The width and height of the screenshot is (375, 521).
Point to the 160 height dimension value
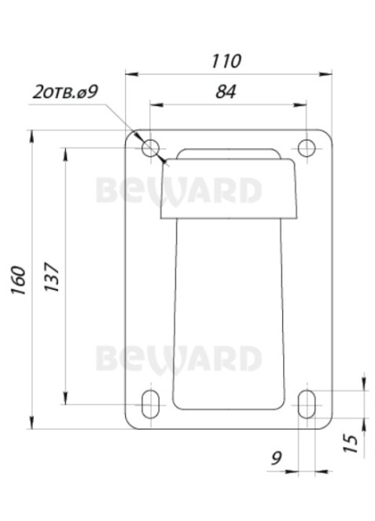pos(18,280)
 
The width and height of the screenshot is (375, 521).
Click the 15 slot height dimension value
pos(349,442)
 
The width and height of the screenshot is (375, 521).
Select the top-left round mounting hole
pos(150,146)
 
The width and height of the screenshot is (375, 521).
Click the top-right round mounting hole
pos(306,146)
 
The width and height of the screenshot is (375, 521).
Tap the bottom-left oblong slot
pos(150,404)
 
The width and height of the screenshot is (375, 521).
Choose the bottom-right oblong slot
pos(306,404)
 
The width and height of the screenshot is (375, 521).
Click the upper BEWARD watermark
pos(178,190)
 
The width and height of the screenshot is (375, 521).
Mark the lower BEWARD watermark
pos(178,357)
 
